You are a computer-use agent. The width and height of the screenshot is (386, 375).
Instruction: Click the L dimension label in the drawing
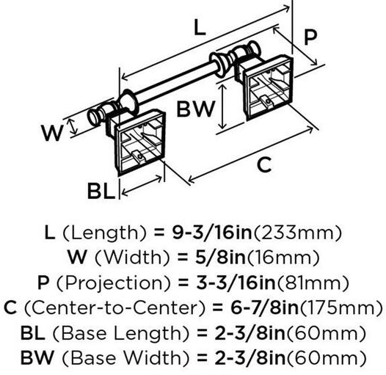tap(200, 27)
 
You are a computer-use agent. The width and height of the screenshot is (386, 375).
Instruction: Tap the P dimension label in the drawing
tap(310, 37)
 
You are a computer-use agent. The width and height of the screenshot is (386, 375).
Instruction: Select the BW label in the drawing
tap(196, 109)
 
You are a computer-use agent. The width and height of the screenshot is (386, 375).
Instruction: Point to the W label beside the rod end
tap(52, 133)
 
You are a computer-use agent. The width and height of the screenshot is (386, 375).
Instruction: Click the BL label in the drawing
tap(101, 191)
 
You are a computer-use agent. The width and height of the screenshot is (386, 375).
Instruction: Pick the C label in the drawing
tap(264, 164)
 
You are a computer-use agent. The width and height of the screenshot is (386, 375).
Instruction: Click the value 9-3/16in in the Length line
tap(212, 233)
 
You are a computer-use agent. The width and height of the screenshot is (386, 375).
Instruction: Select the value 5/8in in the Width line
tap(220, 258)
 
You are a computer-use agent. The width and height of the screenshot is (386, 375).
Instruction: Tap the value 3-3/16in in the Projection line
tap(236, 283)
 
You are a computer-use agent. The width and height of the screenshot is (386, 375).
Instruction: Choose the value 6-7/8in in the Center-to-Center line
tap(264, 307)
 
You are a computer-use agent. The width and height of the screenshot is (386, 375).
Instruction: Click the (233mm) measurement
tap(298, 233)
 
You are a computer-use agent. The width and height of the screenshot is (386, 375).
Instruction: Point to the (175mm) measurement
tap(341, 308)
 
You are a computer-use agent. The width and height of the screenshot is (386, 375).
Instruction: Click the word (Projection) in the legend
tap(114, 283)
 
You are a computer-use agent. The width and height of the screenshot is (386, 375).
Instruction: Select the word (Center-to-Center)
tap(114, 308)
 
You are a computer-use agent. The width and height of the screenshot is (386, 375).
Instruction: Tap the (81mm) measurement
tap(313, 283)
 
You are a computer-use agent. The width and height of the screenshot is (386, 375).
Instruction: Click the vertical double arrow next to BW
tap(222, 106)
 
